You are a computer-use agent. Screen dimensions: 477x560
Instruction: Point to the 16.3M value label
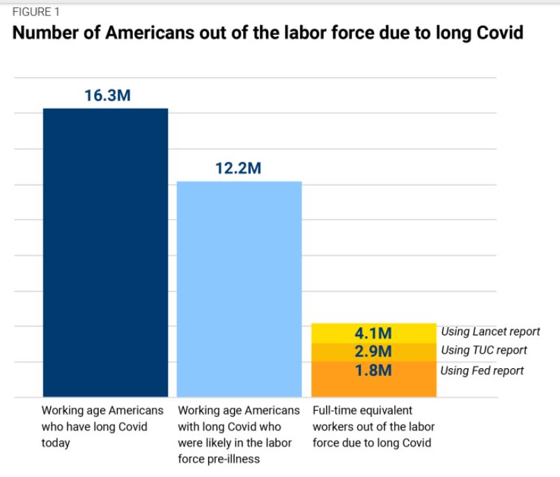pyautogui.click(x=107, y=96)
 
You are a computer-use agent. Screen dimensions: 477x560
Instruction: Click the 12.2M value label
pyautogui.click(x=238, y=169)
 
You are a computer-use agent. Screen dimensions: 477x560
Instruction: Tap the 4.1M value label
pyautogui.click(x=373, y=333)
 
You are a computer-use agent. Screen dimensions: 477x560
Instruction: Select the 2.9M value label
pyautogui.click(x=373, y=351)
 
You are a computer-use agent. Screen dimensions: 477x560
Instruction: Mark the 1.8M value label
pyautogui.click(x=373, y=370)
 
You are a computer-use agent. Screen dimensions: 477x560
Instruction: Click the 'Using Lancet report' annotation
pyautogui.click(x=490, y=332)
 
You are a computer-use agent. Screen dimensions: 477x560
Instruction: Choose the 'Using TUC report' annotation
pyautogui.click(x=483, y=351)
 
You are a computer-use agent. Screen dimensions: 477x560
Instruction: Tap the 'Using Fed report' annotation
pyautogui.click(x=482, y=371)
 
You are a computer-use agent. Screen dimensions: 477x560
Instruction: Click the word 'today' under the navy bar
pyautogui.click(x=56, y=443)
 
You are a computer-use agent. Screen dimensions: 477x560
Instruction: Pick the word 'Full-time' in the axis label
pyautogui.click(x=334, y=410)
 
